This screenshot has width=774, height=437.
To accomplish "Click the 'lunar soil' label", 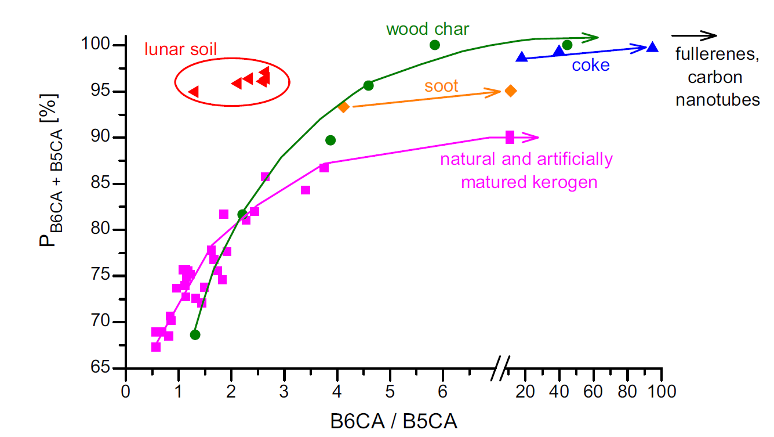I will (x=180, y=49).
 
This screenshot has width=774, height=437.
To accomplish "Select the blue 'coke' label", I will (x=591, y=65).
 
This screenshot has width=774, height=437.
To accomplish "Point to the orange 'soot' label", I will (x=441, y=86).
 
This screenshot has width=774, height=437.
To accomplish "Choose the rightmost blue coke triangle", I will (x=652, y=47).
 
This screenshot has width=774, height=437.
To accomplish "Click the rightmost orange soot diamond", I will (x=511, y=91).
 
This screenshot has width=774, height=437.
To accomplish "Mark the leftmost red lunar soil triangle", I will (x=194, y=92).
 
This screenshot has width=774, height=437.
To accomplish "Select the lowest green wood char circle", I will (x=195, y=335).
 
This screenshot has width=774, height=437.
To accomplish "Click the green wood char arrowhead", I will (x=591, y=38).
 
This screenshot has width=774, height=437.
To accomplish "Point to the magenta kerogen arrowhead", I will (x=532, y=138).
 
